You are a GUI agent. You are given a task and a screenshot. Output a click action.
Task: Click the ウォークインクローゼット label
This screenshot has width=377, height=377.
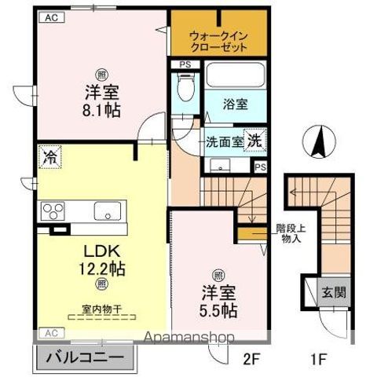click(x=218, y=40)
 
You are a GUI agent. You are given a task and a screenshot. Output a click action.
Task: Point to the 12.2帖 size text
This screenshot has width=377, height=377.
click(x=101, y=268)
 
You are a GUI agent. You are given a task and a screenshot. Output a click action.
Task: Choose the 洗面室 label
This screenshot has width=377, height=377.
click(x=223, y=142)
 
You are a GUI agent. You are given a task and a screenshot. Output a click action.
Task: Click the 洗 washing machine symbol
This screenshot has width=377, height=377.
click(x=254, y=141)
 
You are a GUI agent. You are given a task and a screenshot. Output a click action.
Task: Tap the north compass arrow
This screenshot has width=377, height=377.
click(x=320, y=142)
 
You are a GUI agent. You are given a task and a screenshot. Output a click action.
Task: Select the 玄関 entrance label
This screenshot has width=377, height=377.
click(x=332, y=294)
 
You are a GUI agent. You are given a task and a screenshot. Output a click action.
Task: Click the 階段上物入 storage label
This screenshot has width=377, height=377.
click(x=290, y=234)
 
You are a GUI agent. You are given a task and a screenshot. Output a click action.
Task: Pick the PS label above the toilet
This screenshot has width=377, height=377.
click(x=185, y=64)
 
